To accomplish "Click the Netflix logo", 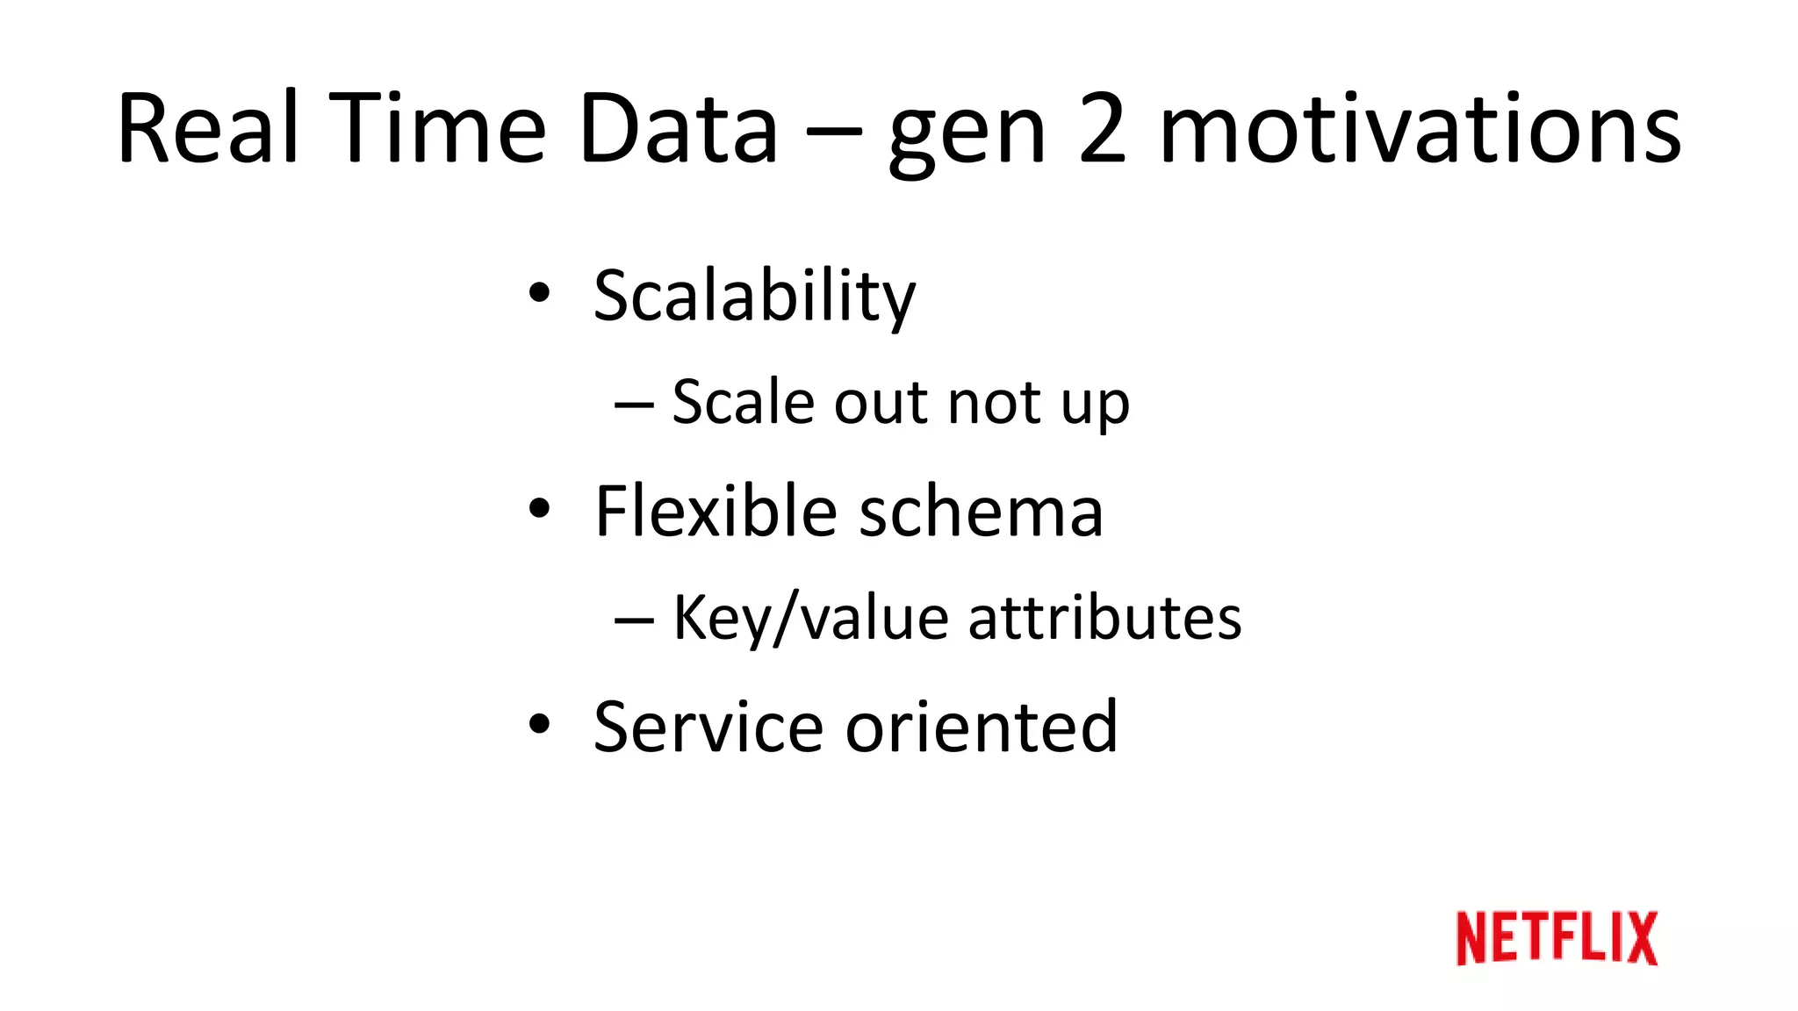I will [1557, 938].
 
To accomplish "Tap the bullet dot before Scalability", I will [539, 292].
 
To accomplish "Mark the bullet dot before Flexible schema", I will [539, 508].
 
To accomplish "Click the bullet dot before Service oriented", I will [539, 724].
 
